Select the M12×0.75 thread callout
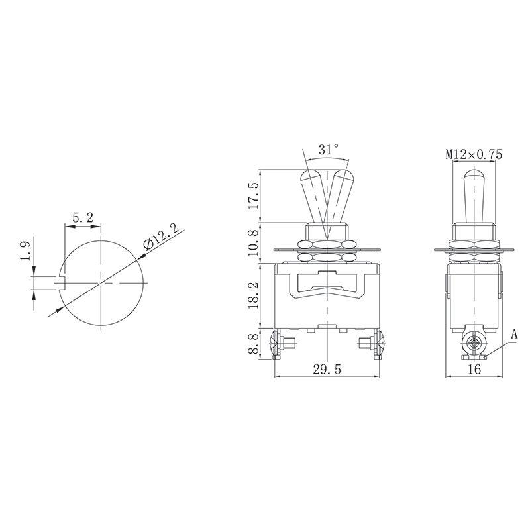[474, 154]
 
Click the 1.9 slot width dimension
[25, 252]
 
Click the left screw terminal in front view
[281, 344]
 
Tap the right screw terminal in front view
[372, 344]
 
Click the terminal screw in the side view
[474, 344]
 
